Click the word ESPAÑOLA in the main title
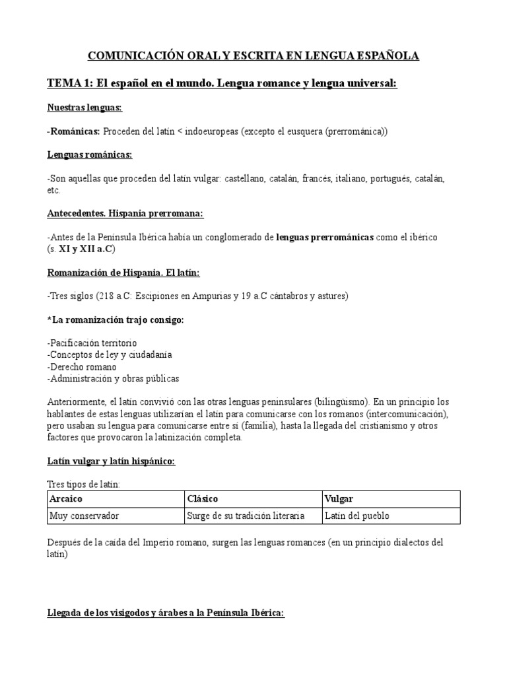386,56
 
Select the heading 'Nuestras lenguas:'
84,108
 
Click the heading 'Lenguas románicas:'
90,154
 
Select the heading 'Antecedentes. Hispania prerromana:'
125,213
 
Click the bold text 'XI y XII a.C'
84,248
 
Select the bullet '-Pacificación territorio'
92,343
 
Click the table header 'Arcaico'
67,498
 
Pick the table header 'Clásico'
203,498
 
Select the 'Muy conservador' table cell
84,516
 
